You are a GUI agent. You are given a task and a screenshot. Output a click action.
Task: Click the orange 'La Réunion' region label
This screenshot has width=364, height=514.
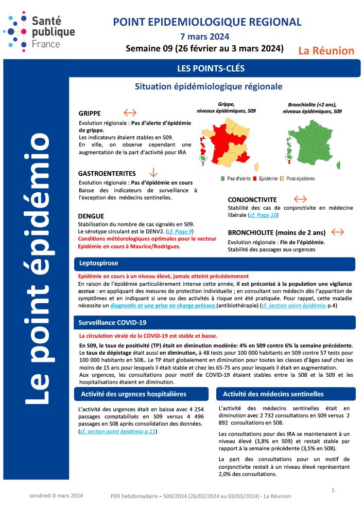[326, 51]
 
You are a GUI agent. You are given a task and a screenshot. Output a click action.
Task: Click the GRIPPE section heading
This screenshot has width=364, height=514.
[90, 114]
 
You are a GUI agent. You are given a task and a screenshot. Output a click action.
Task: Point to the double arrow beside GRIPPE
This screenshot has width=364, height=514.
[130, 113]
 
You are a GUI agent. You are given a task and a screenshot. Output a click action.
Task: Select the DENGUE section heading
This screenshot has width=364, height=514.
[91, 216]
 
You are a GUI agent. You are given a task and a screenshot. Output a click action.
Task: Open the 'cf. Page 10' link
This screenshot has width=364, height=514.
[263, 215]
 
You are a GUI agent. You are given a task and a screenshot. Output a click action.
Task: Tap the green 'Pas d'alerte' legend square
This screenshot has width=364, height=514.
[223, 179]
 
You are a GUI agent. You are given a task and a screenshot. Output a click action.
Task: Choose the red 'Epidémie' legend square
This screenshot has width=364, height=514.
[255, 179]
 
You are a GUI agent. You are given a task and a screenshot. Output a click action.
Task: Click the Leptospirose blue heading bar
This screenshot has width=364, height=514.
[211, 264]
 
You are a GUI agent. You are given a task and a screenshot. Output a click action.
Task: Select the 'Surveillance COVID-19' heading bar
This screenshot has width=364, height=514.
[211, 322]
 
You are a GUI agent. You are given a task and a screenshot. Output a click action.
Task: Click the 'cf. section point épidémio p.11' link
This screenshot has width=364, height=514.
[118, 432]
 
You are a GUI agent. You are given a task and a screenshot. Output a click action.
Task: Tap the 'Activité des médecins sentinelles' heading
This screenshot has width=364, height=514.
[273, 394]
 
